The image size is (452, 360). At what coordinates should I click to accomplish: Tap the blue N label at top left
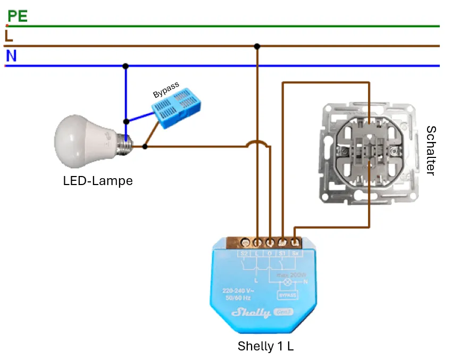pos(11,56)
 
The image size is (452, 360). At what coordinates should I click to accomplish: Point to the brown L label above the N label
pos(9,36)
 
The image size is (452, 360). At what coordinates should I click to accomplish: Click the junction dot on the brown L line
pos(257,46)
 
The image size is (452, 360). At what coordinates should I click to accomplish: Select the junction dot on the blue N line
pos(125,66)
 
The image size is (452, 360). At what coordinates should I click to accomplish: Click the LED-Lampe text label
pos(98,181)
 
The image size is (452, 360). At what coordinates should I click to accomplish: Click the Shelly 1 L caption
pos(265,346)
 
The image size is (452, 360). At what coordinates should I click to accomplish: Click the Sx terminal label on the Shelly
pos(295,254)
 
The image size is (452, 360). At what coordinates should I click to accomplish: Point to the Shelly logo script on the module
pos(250,312)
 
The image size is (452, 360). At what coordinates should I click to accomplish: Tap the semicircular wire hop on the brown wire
pos(257,144)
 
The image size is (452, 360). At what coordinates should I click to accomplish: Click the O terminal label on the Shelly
pos(270,254)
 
